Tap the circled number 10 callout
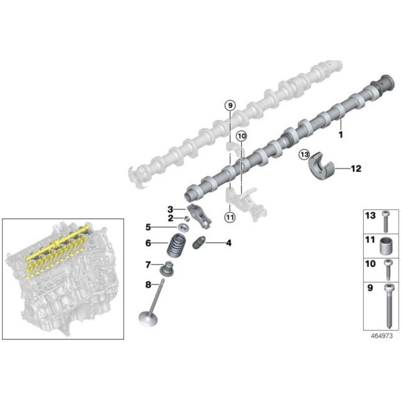(241, 136)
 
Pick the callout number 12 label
(356, 168)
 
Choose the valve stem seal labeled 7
(167, 268)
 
